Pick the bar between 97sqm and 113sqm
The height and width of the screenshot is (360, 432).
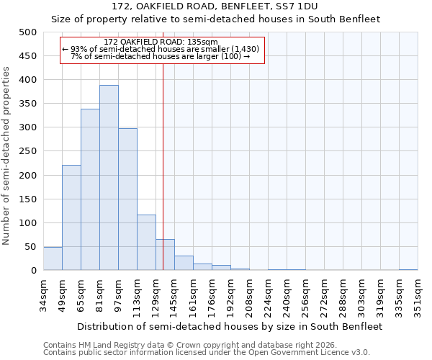(127, 199)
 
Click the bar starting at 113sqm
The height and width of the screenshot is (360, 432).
(146, 243)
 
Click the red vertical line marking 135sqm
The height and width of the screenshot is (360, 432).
(163, 166)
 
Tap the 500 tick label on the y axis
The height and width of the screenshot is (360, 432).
(27, 32)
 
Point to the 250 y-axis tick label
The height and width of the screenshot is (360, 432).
(27, 151)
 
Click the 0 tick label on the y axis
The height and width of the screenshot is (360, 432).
(33, 271)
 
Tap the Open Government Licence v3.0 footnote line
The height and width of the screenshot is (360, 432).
(207, 353)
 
